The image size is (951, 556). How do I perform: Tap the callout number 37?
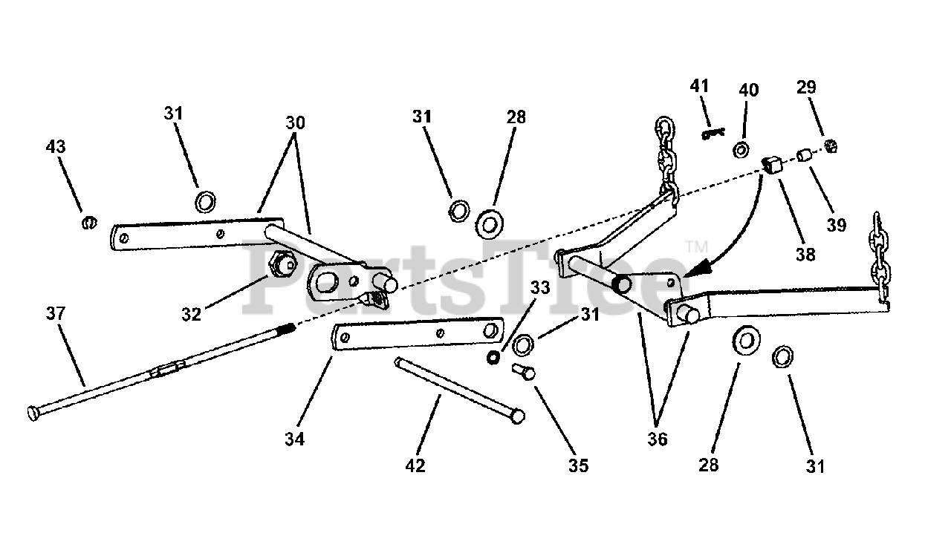(x=56, y=314)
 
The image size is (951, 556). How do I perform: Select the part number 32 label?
(x=191, y=314)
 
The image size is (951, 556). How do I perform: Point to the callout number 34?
(x=294, y=439)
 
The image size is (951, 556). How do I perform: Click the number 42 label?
(x=415, y=465)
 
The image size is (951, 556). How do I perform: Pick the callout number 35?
(x=578, y=465)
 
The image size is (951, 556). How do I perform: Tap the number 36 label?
(x=657, y=439)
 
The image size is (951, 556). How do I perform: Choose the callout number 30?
(x=295, y=123)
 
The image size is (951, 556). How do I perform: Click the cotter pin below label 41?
(x=712, y=134)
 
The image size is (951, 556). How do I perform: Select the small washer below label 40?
(x=741, y=151)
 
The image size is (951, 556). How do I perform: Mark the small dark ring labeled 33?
(x=492, y=358)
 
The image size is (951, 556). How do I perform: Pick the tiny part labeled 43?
(x=89, y=221)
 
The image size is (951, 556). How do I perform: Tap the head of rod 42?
(x=518, y=416)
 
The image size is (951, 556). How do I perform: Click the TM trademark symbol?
(x=695, y=246)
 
